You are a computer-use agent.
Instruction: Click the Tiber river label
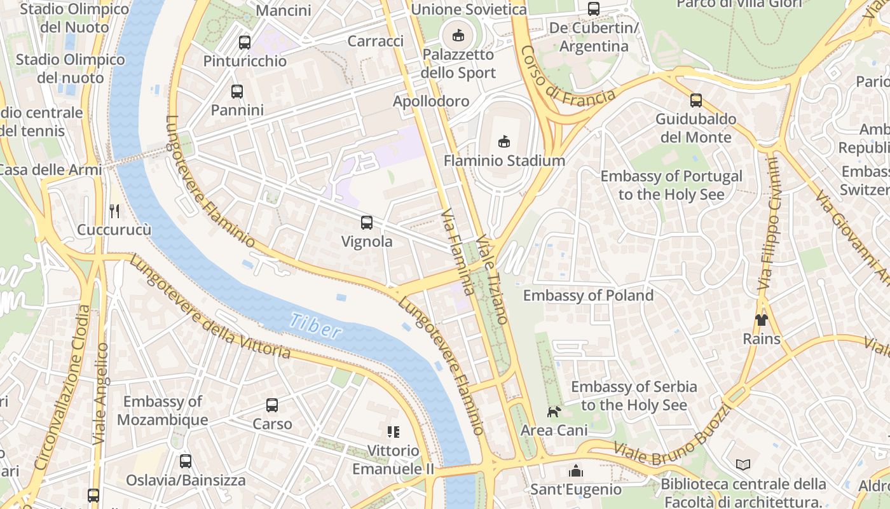click(x=315, y=324)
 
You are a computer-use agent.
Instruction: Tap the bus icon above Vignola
click(x=367, y=223)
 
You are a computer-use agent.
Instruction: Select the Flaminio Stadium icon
click(x=504, y=141)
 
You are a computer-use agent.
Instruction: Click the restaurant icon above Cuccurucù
click(x=114, y=211)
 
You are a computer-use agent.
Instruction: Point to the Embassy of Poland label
click(x=588, y=295)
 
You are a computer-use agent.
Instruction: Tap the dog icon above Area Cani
click(x=554, y=412)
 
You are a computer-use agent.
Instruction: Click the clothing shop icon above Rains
click(x=761, y=319)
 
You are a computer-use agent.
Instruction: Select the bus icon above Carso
click(x=272, y=405)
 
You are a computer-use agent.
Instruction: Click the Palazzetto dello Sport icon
click(x=458, y=35)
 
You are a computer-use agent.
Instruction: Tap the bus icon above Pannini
click(x=237, y=91)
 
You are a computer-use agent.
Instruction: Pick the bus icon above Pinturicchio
click(x=245, y=43)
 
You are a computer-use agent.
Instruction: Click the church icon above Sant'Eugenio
click(x=576, y=471)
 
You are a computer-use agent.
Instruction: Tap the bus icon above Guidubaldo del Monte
click(x=696, y=100)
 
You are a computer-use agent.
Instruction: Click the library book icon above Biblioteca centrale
click(x=743, y=465)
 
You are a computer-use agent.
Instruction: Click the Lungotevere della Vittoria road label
click(x=210, y=307)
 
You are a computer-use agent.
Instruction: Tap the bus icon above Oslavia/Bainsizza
click(x=186, y=461)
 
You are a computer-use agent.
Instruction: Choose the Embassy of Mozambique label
click(x=163, y=410)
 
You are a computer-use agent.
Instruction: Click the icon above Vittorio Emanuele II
click(x=394, y=432)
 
